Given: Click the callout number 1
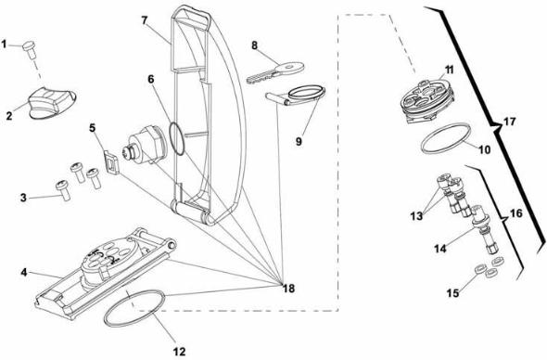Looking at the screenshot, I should [6, 43].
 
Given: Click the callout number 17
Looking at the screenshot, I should [509, 121].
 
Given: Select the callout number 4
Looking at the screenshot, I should [18, 273].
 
